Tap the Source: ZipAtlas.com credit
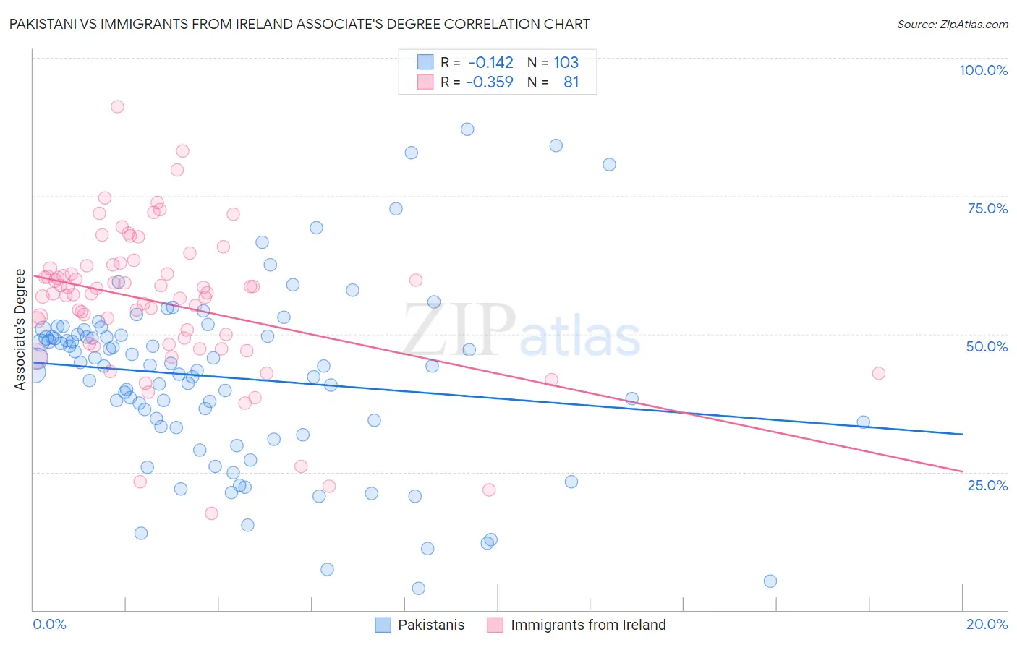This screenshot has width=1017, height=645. coord(952,25)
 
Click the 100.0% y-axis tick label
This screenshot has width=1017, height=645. coord(983,70)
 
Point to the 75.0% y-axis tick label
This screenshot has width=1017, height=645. coord(987,208)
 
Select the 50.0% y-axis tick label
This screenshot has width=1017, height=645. coord(987,346)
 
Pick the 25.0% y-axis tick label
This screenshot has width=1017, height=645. coord(987,485)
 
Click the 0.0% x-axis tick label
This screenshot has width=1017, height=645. coord(49,624)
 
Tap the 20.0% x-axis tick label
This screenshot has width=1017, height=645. coord(987,624)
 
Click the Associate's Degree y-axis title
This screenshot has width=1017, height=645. coord(20,330)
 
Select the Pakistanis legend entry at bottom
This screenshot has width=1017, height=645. coord(420,625)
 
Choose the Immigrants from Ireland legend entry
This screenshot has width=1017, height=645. coord(576,625)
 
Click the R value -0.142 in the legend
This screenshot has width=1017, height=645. coord(490,63)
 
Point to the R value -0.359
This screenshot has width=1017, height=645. coord(490,82)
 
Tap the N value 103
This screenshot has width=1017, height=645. coord(566,63)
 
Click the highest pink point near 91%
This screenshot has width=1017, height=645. coord(117,106)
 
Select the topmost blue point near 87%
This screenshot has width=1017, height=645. coord(467,129)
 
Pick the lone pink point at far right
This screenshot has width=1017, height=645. coord(879,373)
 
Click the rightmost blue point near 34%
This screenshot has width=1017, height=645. coord(863,422)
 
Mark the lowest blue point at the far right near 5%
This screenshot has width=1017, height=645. coord(770,581)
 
